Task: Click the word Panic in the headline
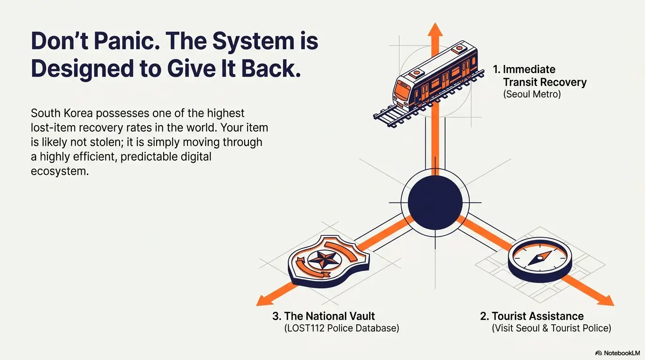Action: coord(127,41)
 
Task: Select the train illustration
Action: coord(429,83)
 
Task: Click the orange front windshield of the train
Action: coord(402,89)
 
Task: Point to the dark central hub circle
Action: coord(435,203)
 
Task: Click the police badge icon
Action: coord(329,261)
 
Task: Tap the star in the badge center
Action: coord(324,259)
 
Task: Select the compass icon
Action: coord(540,260)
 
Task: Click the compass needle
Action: coord(540,258)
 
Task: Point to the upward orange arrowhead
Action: coord(435,30)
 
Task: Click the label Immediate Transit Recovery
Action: coord(540,76)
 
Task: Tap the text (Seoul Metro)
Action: coord(532,94)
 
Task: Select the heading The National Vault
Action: coord(323,316)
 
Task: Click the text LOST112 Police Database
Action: coord(342,328)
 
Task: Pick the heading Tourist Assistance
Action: coord(532,316)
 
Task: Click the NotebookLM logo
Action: coord(617,353)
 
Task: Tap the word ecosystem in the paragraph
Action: coord(60,171)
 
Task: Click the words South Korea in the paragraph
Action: coord(61,113)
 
